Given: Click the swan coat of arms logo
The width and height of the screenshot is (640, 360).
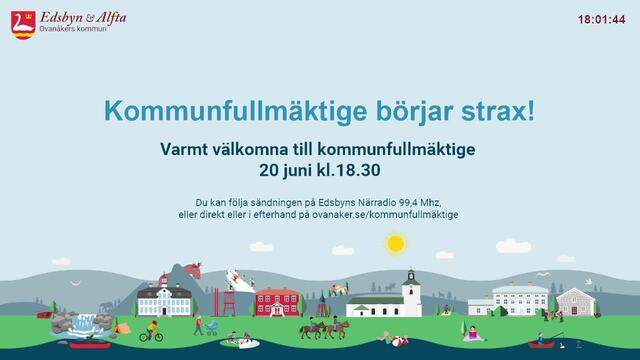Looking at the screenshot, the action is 23,25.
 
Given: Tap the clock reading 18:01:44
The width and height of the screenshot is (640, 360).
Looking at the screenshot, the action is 601,20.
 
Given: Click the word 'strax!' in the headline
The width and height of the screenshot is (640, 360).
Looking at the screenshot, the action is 498,111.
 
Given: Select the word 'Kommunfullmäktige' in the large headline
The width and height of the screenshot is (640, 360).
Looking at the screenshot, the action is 236,112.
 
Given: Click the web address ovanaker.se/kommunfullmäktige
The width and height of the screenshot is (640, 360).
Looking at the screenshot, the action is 385,214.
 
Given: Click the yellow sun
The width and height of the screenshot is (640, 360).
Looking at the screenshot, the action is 395,244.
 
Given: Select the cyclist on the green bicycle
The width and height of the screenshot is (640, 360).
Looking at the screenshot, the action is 151,331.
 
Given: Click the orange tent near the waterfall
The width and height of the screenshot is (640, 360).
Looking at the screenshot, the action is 122,328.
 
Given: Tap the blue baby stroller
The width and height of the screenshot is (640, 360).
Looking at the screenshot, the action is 212,327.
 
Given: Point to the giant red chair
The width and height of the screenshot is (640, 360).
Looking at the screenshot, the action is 229,303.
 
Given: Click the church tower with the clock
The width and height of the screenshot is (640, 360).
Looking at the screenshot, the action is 411,291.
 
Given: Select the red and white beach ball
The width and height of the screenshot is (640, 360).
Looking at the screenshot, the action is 396,341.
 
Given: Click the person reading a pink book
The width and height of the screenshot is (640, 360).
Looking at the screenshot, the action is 473,334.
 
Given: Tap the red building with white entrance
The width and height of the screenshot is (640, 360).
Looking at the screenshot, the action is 278,302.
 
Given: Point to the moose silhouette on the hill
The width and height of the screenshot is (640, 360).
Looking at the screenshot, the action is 390,288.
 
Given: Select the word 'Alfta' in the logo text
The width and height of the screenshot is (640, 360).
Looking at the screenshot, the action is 111,18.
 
